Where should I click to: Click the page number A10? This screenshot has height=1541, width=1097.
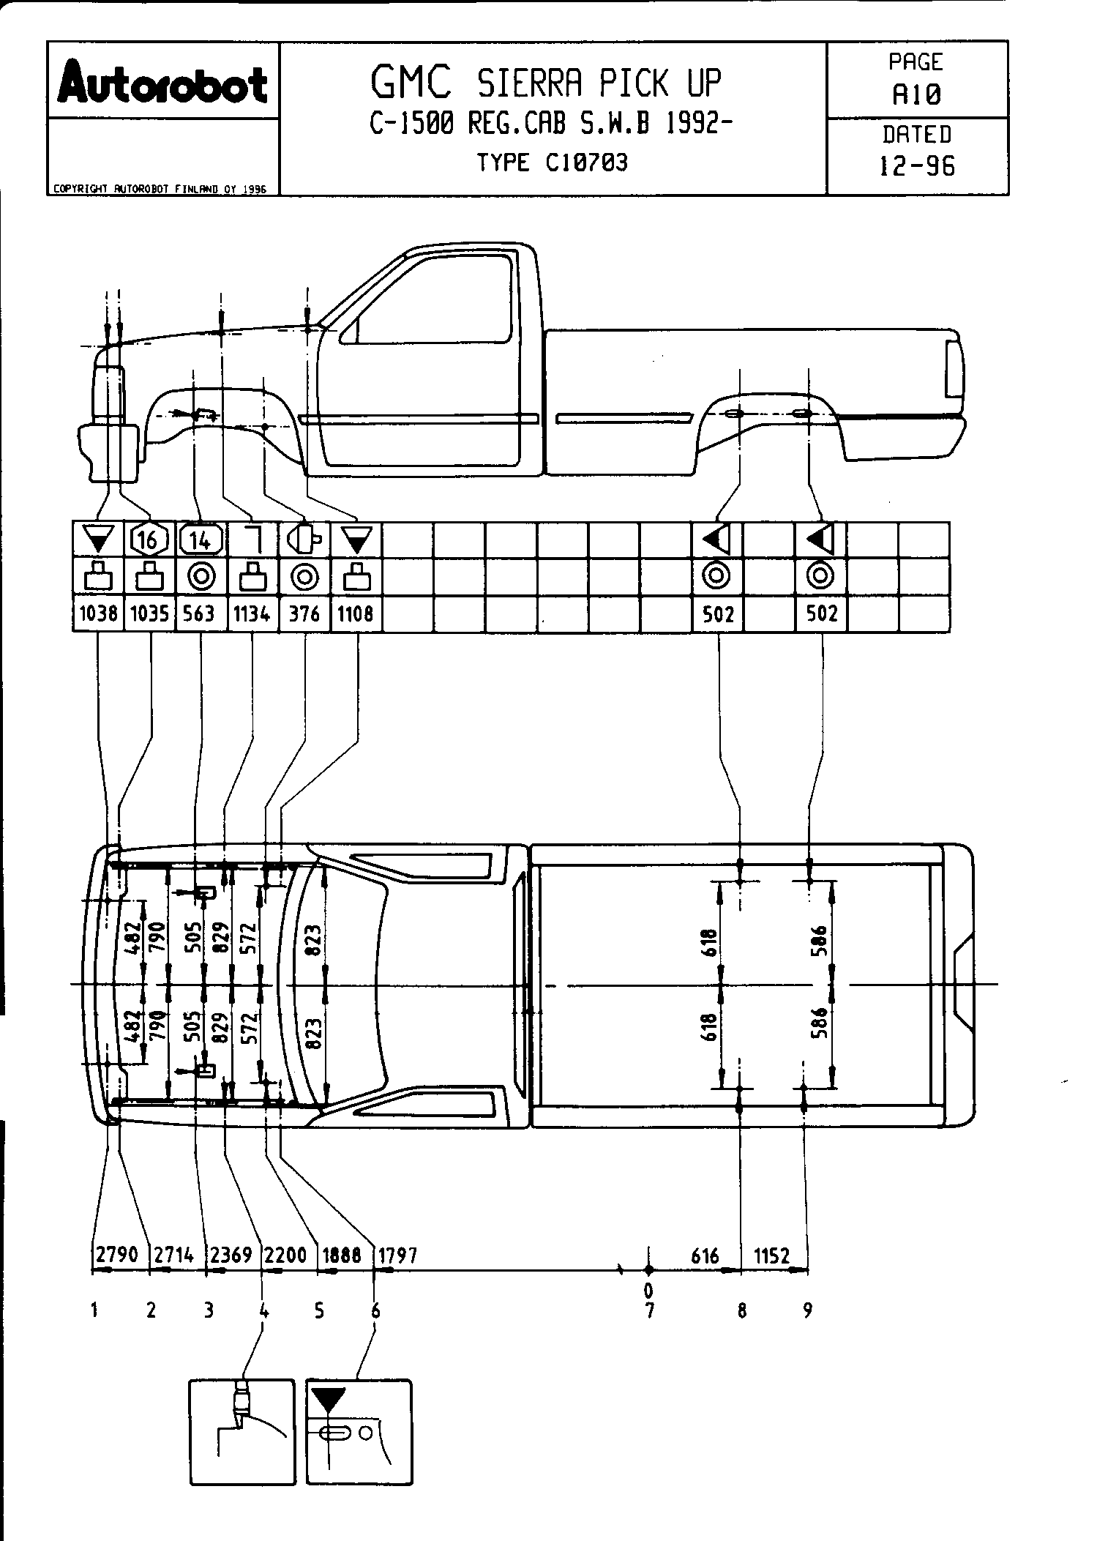coord(916,94)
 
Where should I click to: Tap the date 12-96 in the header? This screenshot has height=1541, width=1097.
coord(916,167)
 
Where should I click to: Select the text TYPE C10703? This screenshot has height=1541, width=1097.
coord(553,163)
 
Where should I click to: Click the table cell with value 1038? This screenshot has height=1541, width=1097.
coord(99,613)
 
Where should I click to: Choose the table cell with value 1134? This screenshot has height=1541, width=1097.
coord(252,613)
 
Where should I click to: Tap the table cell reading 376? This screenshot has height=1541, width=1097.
coord(304,613)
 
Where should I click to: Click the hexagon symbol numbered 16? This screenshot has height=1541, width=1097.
coord(149,540)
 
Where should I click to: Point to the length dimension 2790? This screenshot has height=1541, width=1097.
coord(117,1255)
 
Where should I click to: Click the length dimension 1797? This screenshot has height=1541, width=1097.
coord(397,1255)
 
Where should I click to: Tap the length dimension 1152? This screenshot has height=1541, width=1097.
coord(772,1256)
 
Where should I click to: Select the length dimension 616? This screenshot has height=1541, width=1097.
coord(705,1256)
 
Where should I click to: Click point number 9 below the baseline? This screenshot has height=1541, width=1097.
coord(807,1310)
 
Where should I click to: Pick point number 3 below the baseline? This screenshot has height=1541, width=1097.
coord(209,1310)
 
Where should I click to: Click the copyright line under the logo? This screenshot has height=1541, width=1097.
coord(158,189)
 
